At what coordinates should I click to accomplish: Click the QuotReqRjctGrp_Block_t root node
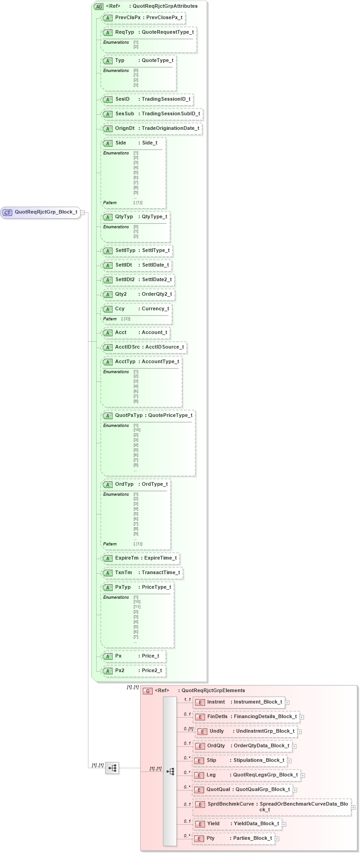41,212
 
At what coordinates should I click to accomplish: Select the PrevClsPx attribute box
143,18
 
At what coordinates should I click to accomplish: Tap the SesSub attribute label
124,114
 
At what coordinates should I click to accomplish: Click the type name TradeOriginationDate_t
170,128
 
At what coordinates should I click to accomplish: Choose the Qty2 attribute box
138,294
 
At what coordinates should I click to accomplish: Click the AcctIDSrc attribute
144,347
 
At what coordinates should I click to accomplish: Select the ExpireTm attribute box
140,558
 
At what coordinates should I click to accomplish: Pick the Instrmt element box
239,702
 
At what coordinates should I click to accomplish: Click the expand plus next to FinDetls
302,717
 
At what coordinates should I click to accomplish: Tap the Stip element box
240,761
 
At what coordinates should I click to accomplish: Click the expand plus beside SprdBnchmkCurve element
353,807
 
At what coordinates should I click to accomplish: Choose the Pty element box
233,838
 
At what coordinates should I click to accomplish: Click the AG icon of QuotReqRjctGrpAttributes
99,6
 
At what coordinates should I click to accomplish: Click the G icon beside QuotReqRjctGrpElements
147,691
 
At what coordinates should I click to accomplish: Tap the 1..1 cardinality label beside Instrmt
187,699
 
